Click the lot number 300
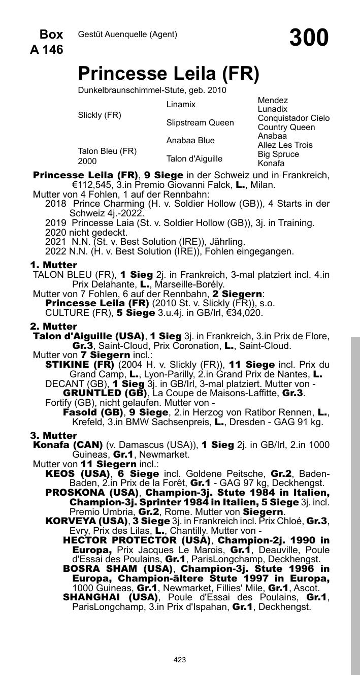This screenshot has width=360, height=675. (x=309, y=38)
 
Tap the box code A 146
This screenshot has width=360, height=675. (x=47, y=50)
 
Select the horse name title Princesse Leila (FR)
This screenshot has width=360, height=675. (x=169, y=74)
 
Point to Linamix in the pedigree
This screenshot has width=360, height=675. (x=181, y=105)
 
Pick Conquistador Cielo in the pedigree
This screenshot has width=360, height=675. (x=293, y=118)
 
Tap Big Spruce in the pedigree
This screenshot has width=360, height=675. (x=278, y=154)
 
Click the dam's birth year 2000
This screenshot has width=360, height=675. (x=87, y=162)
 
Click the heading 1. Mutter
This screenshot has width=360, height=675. (x=53, y=265)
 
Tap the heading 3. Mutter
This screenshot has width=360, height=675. (x=53, y=436)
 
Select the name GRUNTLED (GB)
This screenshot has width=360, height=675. (x=105, y=393)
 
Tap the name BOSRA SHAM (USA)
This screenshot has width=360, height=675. (x=118, y=568)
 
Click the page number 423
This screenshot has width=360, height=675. (x=180, y=660)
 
